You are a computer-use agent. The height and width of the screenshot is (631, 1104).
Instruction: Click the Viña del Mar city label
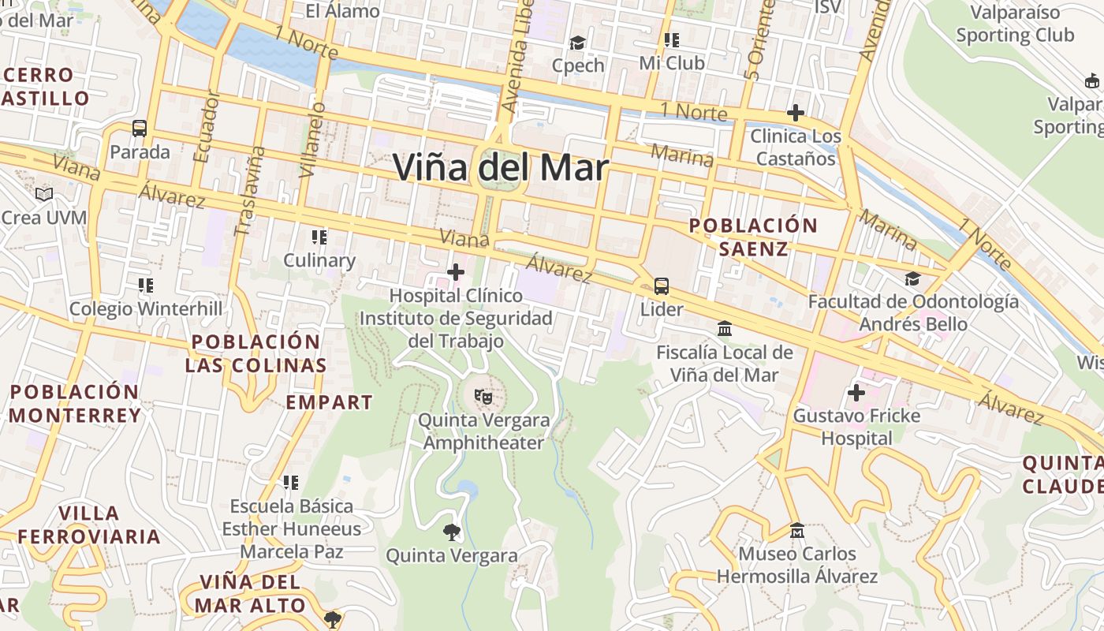pos(501,168)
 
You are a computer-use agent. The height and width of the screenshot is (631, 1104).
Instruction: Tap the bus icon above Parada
pos(140,128)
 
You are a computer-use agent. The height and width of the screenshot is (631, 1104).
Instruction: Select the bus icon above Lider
pos(662,286)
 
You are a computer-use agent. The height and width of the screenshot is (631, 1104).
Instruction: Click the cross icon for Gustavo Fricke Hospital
pos(856,392)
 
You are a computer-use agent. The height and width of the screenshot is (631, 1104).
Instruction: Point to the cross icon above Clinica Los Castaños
pos(795,113)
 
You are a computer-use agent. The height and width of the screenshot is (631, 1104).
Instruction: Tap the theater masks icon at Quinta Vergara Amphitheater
pos(482,397)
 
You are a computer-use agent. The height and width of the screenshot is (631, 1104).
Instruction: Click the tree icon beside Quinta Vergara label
pos(452,532)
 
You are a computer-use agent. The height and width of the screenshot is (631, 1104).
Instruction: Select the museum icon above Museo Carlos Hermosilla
pos(796,530)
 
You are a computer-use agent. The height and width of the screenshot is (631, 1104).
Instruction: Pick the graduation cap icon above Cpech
pos(578,43)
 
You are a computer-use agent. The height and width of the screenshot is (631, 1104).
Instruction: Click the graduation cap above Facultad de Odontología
pos(912,278)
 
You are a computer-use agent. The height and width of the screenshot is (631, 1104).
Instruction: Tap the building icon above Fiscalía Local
pos(724,328)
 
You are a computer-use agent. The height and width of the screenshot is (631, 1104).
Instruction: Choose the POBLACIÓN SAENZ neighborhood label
pos(753,237)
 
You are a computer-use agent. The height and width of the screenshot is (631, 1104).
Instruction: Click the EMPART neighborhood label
pos(329,402)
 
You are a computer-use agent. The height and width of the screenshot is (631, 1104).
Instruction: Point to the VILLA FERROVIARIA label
pos(89,525)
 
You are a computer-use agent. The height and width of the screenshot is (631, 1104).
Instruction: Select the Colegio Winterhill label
pos(146,308)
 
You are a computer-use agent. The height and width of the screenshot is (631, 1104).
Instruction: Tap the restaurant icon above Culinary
pos(319,237)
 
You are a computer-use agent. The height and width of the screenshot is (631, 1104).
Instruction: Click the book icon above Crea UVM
pos(44,194)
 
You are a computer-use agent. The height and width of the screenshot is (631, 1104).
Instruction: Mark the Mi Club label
pos(671,63)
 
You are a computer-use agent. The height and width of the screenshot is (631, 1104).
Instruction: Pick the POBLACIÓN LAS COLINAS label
pos(256,353)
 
